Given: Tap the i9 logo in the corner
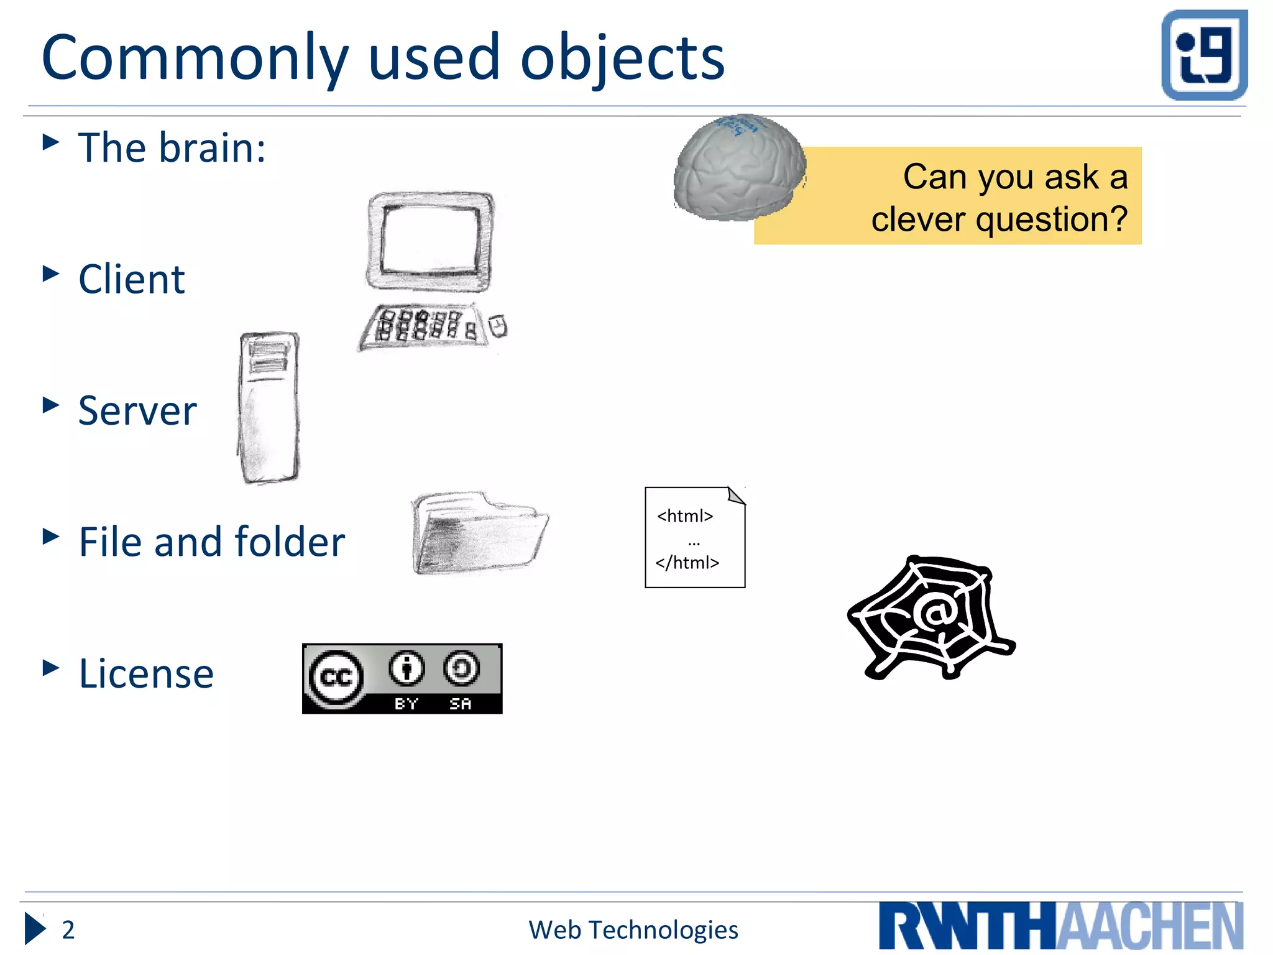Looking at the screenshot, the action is coord(1204,55).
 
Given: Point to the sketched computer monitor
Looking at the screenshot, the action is coord(430,241).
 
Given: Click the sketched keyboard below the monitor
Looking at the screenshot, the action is coord(422,326).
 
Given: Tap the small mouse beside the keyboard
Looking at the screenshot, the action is coord(498,326).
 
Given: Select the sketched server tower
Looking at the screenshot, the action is coord(269,407).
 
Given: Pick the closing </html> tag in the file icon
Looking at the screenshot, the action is coord(687,563).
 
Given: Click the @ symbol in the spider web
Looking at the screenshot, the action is coord(934,614).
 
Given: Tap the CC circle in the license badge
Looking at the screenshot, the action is coord(336,678).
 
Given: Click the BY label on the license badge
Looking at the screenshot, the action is coord(407,704).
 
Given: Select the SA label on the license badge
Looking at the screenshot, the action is coord(461,704).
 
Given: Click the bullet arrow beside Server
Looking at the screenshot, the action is coord(50,405).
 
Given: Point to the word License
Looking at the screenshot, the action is coord(146,674).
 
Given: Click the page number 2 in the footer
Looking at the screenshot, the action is coord(68,930).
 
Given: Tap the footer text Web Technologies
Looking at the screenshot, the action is coord(633,930).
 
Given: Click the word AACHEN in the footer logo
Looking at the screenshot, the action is coord(1150,927).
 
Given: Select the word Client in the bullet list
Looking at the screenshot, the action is coord(131,279).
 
